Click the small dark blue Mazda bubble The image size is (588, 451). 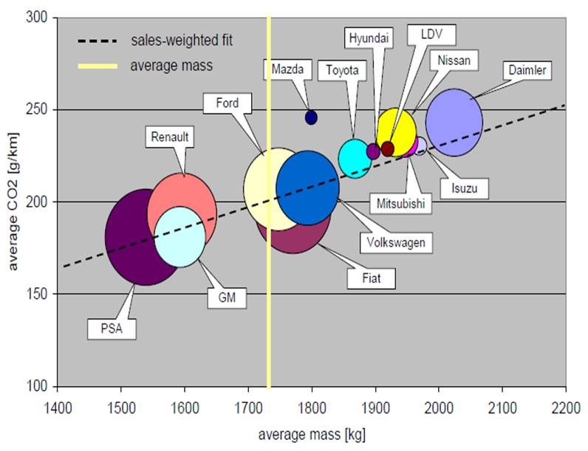[311, 117]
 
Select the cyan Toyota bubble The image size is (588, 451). [353, 156]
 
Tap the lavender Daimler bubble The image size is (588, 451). [454, 123]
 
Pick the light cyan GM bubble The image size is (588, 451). [180, 237]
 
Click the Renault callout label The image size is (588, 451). [170, 137]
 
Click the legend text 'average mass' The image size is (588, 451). [171, 66]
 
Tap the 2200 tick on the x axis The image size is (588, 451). [565, 406]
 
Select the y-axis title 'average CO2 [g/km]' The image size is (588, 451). [13, 202]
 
